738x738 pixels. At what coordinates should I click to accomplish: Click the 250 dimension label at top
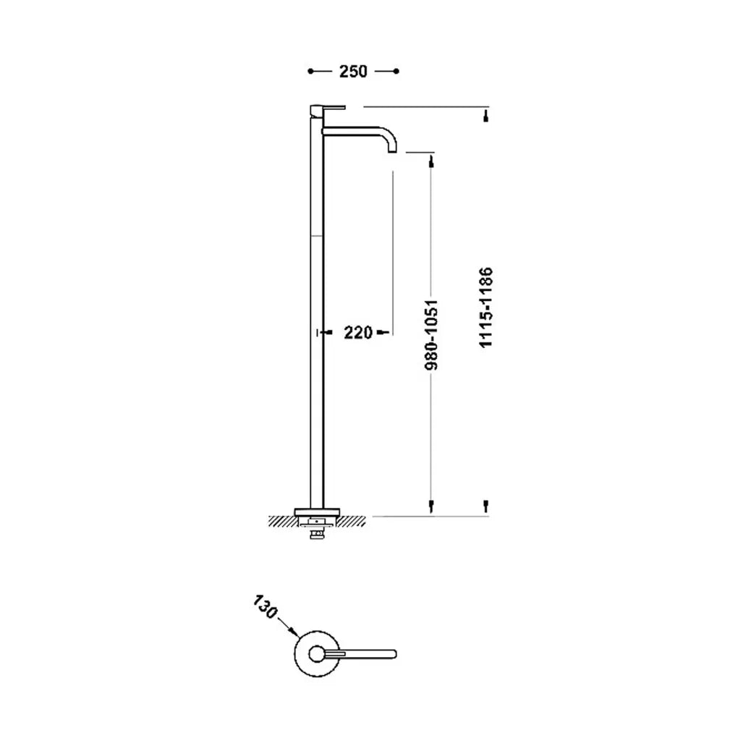(x=353, y=72)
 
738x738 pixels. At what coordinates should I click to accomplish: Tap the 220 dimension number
(x=358, y=333)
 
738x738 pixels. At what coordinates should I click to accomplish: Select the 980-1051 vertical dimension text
(x=431, y=335)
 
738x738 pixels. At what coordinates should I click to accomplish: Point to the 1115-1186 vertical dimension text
(x=485, y=307)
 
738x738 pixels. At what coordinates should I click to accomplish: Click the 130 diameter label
(x=265, y=607)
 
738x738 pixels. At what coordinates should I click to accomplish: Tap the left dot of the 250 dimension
(x=310, y=72)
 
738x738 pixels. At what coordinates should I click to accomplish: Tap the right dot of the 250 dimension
(x=396, y=72)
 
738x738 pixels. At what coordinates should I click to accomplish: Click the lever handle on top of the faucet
(x=328, y=108)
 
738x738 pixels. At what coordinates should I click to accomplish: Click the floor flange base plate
(x=317, y=512)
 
